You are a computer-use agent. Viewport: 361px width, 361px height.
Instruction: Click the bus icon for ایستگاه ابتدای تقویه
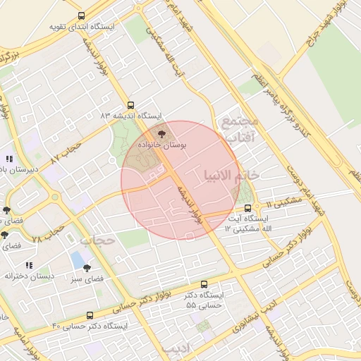click(81, 16)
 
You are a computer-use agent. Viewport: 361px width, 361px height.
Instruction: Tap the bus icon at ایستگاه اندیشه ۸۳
click(130, 104)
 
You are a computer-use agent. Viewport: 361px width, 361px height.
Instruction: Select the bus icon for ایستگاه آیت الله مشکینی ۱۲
click(247, 208)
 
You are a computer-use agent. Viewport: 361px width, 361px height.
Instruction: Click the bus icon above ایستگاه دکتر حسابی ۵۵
click(204, 284)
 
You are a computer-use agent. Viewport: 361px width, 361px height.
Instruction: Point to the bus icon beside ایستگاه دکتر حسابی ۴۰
click(90, 315)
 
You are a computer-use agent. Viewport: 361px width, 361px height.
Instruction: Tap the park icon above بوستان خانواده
click(162, 133)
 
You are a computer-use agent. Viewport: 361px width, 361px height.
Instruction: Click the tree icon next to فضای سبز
click(87, 268)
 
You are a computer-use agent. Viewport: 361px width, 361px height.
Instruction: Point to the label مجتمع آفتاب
click(240, 128)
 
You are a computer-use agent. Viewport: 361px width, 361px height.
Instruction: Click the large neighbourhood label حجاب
click(97, 240)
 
